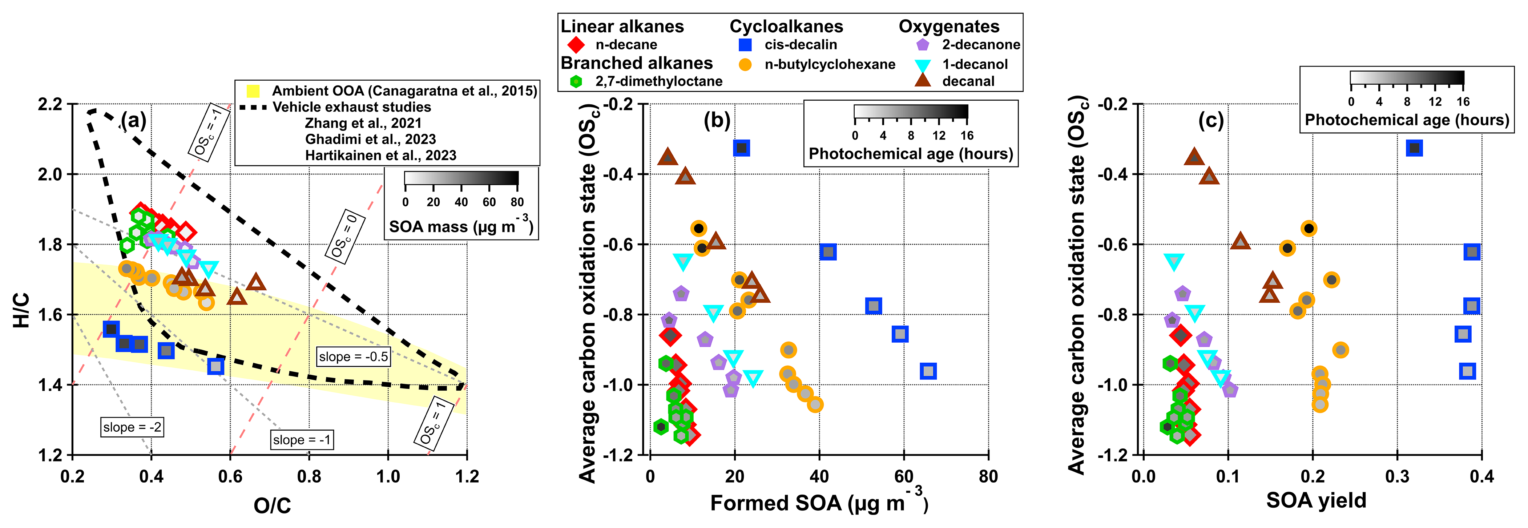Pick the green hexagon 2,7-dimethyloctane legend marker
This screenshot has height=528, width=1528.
point(575,82)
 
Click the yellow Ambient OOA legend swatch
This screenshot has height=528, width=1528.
point(253,91)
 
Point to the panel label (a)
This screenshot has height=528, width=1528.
point(133,120)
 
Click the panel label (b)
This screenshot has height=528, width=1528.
point(717,120)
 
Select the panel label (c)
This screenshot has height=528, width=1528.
point(1211,120)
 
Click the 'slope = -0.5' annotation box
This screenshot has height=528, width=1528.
point(354,356)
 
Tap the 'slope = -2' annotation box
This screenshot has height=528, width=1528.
point(132,427)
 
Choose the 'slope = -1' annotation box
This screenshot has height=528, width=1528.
point(302,440)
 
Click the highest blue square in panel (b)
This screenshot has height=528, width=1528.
point(741,148)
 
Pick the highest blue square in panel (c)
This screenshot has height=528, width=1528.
point(1415,148)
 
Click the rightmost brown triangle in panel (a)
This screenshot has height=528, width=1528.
point(256,282)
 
